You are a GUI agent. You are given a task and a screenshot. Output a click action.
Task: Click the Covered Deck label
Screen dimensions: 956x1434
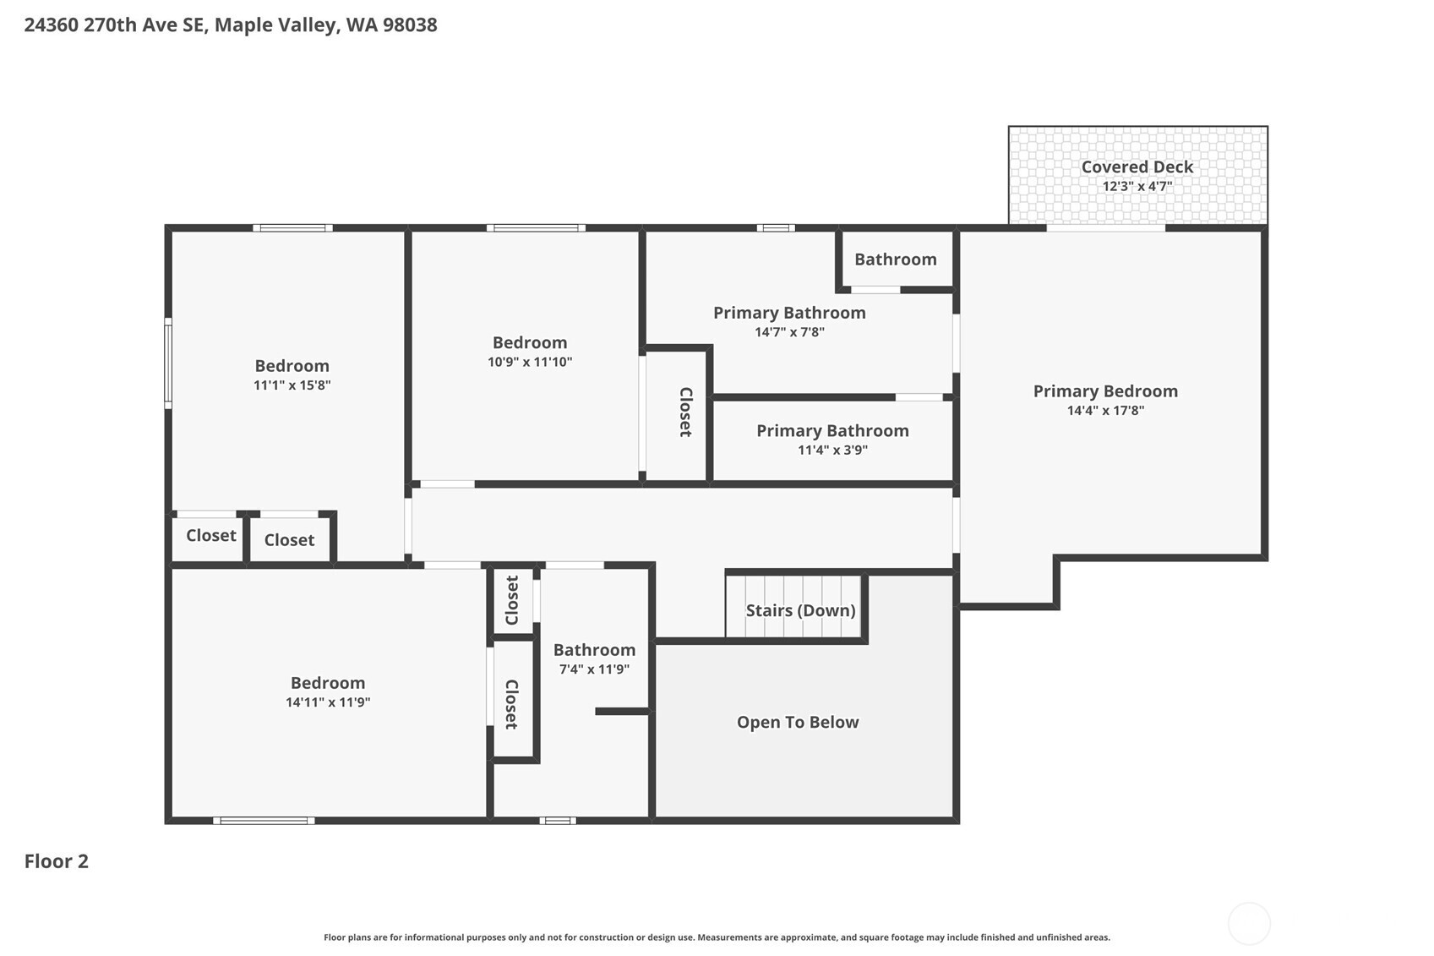coord(1137,167)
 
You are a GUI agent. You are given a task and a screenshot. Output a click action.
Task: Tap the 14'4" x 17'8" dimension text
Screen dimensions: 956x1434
coord(1105,411)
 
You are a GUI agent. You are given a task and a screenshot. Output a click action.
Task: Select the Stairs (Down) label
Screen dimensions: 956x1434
coord(800,610)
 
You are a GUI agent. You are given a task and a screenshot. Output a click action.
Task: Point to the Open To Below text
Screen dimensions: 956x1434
coord(798,722)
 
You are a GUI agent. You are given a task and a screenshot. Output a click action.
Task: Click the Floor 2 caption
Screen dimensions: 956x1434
coord(56,861)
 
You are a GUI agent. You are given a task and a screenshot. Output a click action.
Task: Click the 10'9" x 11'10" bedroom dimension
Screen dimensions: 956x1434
coord(530,362)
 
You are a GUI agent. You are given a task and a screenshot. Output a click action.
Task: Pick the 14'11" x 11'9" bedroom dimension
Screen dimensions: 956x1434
coord(328,702)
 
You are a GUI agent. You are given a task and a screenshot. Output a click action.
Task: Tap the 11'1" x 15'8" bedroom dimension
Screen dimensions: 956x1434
coord(292,385)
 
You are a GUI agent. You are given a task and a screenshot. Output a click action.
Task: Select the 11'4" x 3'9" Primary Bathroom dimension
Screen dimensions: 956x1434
coord(832,451)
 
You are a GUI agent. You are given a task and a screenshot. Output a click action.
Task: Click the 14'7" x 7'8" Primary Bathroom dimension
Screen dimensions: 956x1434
coord(789,332)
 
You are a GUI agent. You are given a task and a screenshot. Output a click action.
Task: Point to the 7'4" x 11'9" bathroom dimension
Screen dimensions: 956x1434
coord(594,669)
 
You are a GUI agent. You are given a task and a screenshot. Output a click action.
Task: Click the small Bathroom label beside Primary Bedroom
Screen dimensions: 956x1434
coord(895,259)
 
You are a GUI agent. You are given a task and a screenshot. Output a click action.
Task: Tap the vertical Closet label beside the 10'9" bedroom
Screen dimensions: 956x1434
coord(685,412)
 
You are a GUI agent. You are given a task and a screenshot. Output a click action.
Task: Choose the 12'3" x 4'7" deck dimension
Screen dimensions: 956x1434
coord(1137,187)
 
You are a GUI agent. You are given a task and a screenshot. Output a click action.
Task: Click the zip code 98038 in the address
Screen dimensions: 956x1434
coord(410,25)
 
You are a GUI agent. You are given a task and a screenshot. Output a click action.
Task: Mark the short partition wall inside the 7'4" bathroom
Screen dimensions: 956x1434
coord(622,712)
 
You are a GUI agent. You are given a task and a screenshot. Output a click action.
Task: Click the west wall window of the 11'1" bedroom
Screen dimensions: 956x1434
coord(168,363)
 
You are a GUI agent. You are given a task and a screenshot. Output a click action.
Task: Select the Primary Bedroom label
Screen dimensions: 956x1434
coord(1105,391)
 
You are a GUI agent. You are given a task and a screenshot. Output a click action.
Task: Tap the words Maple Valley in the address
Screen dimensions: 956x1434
coord(275,25)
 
